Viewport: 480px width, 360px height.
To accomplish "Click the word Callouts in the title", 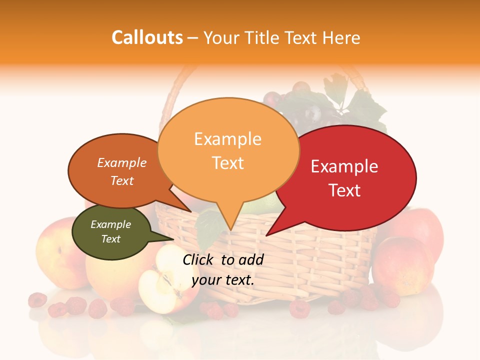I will pyautogui.click(x=147, y=37).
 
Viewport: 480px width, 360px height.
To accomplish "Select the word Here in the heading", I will pyautogui.click(x=341, y=37).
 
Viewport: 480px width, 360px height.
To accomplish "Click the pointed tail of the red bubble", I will pyautogui.click(x=270, y=232).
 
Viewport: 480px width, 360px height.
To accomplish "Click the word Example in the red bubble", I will pyautogui.click(x=344, y=166).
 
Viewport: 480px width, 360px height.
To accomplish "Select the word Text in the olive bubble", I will pyautogui.click(x=110, y=239).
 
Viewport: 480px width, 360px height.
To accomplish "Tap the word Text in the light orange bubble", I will pyautogui.click(x=227, y=163).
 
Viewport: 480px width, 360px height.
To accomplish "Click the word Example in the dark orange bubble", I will pyautogui.click(x=121, y=162).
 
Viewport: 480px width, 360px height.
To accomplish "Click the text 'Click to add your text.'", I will pyautogui.click(x=223, y=270).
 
